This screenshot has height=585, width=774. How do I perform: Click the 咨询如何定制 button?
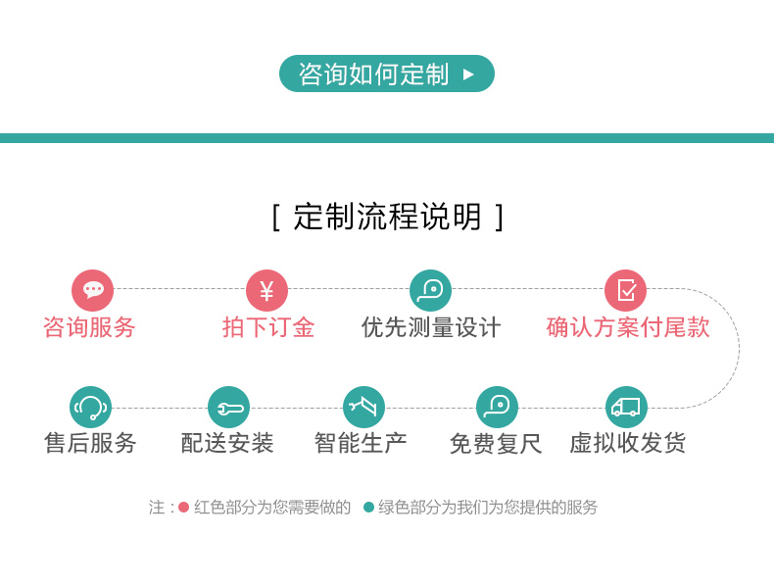386,73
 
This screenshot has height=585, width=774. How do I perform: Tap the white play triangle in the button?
468,74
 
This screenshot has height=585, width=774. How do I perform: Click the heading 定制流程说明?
387,217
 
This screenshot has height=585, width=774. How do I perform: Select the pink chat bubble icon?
92,290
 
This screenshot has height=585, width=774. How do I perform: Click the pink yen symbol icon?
266,290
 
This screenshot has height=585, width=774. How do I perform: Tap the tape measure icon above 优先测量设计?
430,290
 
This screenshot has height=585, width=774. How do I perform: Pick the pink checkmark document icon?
625,290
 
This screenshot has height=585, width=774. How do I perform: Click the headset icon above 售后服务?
90,408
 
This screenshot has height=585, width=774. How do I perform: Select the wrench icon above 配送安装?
228,408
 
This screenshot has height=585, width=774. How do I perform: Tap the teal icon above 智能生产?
363,408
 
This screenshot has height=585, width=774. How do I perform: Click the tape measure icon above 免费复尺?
497,408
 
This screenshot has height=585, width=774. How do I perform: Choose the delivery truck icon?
626,408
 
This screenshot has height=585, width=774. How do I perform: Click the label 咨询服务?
89,327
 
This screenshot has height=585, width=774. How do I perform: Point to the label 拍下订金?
268,327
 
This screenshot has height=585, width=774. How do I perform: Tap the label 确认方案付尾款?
628,327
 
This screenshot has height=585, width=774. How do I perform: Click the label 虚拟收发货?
627,443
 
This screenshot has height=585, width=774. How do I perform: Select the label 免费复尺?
496,443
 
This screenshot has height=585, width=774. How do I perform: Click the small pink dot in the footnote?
183,507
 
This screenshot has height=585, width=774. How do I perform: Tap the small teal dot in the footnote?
368,507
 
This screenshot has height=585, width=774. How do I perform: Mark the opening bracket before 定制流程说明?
276,218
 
